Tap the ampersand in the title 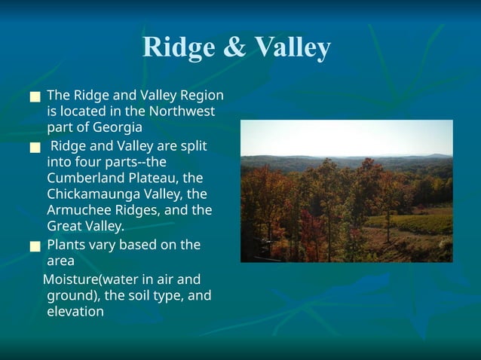tap(234, 47)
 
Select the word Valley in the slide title tap(292, 47)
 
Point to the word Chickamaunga tap(90, 194)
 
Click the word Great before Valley tap(65, 226)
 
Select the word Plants tap(66, 245)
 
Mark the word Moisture tap(71, 280)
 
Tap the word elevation tap(75, 311)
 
